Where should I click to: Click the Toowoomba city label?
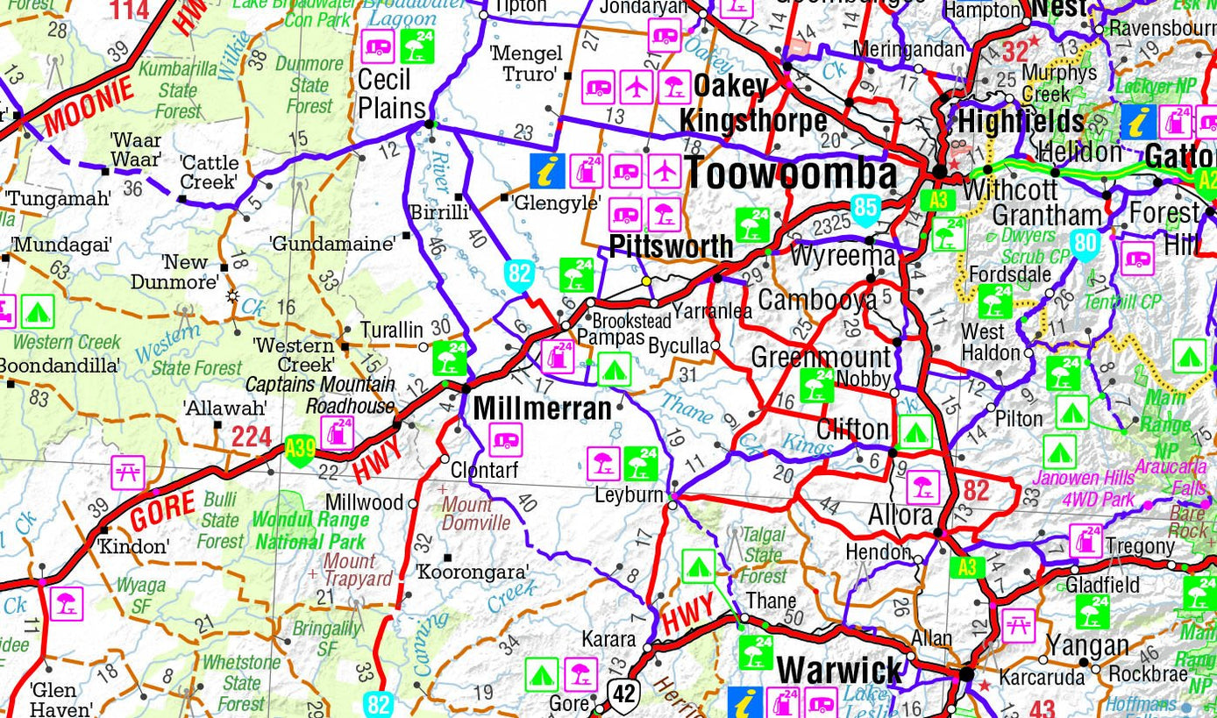pos(791,174)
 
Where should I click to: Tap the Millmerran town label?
pos(542,409)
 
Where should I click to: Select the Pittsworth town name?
pos(671,247)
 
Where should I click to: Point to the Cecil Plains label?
pos(391,95)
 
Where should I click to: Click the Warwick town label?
pos(839,671)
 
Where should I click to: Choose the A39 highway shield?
pos(300,450)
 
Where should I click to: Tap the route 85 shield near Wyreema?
pos(865,209)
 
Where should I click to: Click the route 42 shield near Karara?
pos(623,694)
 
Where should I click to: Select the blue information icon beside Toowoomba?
pos(547,171)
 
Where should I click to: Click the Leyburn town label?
pos(629,495)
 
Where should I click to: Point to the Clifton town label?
pos(852,430)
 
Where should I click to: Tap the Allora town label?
pos(900,515)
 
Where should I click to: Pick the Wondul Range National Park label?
pos(310,530)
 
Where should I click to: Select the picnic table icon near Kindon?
pos(128,473)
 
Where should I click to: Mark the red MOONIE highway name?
pos(89,106)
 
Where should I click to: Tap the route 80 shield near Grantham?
pos(1085,245)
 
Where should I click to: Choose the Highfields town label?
pos(1021,122)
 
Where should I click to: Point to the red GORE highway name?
pos(163,510)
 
